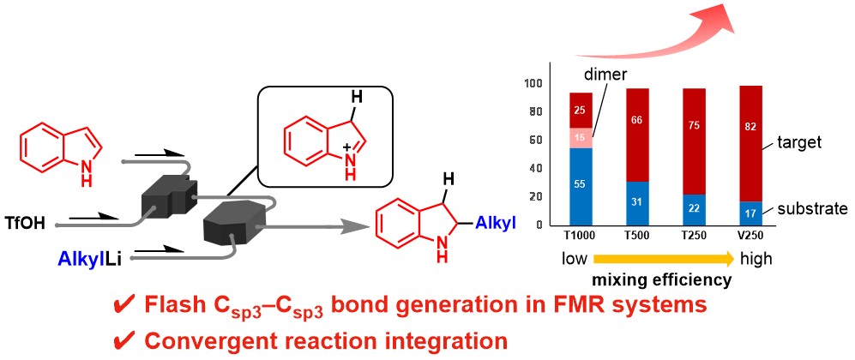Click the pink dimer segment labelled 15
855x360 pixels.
(x=581, y=137)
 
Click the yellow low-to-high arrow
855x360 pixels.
(x=665, y=258)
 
